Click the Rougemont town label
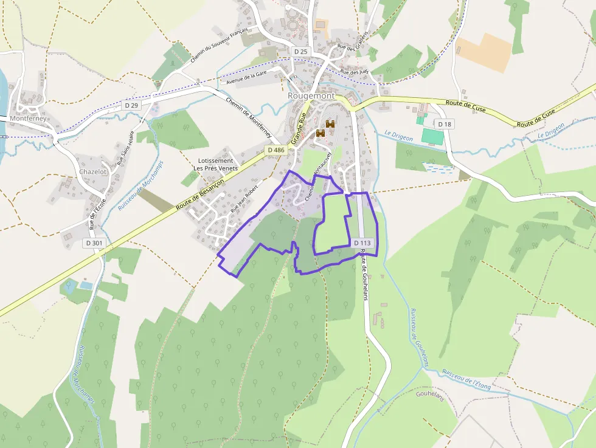tap(311, 96)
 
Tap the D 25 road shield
tap(300, 52)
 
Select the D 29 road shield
tap(131, 105)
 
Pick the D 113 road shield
tap(362, 243)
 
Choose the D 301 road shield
tap(94, 243)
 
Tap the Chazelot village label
tap(92, 172)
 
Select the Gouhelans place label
tap(431, 395)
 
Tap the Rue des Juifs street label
tap(354, 72)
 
